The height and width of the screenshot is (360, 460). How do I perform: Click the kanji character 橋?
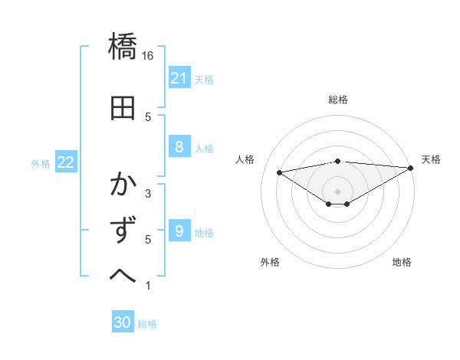123,47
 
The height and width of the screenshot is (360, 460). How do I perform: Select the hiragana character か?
123,185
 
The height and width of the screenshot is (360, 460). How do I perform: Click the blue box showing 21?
179,78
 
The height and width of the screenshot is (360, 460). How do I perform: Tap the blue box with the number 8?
179,147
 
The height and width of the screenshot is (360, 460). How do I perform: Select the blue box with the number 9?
179,231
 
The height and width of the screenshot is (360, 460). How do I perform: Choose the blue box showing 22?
66,162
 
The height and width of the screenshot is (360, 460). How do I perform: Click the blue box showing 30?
123,322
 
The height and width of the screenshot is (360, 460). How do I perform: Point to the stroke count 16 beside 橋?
149,56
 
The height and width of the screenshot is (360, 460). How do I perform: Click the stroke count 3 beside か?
148,194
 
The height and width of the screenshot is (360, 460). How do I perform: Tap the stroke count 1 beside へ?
148,286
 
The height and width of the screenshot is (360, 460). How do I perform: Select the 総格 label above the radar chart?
337,100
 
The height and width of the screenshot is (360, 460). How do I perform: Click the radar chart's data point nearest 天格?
411,168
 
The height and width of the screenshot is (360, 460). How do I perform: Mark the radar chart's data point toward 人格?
279,172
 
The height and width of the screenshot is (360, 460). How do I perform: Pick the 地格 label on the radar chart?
402,262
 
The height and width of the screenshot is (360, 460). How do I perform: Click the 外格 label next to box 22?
40,163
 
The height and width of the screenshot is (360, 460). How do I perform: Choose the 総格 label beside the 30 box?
147,324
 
